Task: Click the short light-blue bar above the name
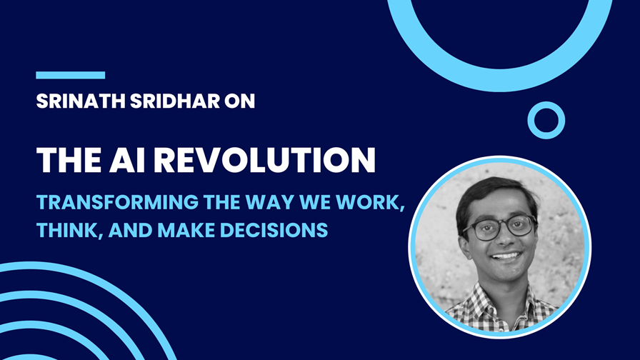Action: tap(71, 75)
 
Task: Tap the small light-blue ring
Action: tap(546, 120)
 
